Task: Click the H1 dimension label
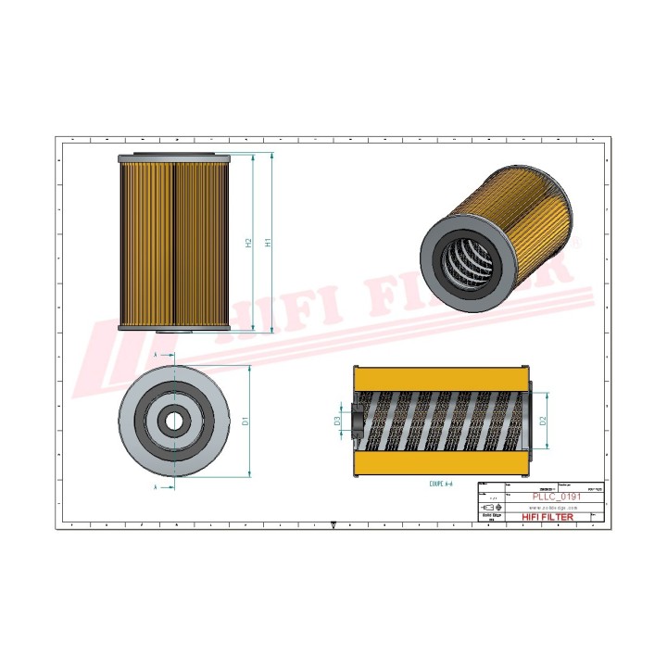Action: (269, 243)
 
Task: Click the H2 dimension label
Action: (248, 243)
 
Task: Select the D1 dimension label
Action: (245, 421)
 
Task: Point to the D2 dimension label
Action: (545, 421)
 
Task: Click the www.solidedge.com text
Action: (552, 508)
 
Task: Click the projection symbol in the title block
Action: (491, 508)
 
